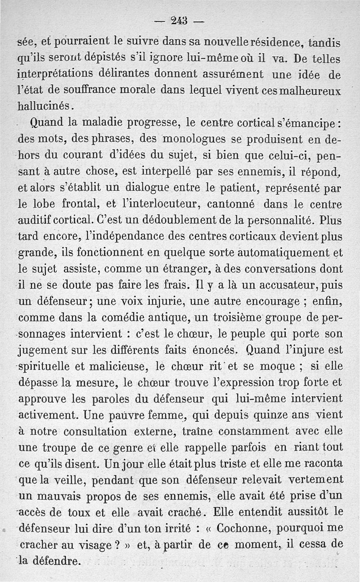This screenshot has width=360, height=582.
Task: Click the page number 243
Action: (179, 20)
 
